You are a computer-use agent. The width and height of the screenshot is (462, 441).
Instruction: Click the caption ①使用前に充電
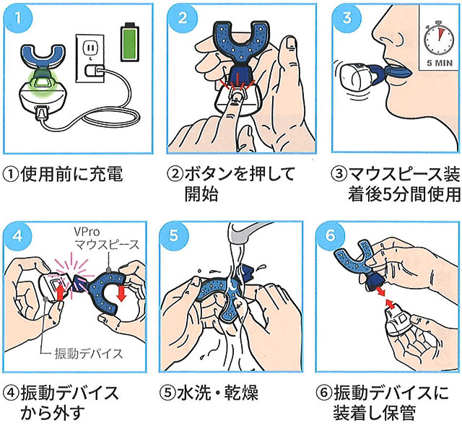(x=65, y=174)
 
